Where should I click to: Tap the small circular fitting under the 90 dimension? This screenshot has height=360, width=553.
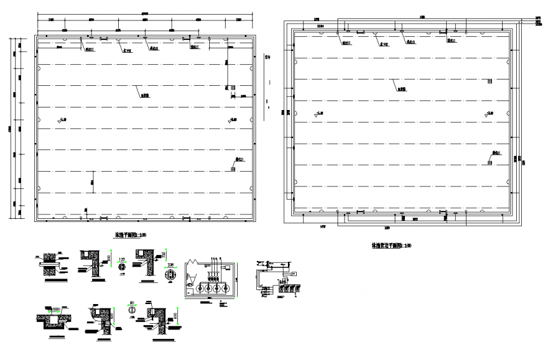[133, 310]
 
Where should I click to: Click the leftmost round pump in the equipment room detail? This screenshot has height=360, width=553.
[197, 287]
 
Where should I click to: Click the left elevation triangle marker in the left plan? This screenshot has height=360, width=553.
[61, 119]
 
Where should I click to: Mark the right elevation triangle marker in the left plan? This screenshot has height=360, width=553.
[230, 119]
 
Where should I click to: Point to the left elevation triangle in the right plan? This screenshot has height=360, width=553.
[316, 114]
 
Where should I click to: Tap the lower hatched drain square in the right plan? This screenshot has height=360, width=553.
[489, 163]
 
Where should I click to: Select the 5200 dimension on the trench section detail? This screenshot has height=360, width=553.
[55, 308]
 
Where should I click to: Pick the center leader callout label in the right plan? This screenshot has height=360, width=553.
[402, 90]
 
